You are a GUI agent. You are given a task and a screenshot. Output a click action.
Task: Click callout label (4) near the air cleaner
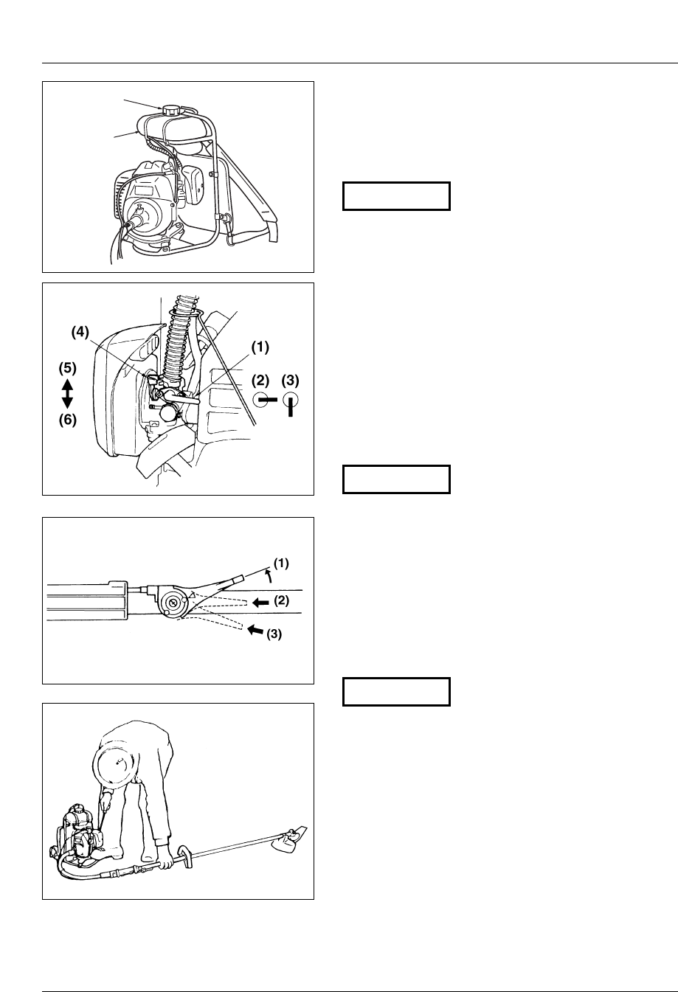coord(83,333)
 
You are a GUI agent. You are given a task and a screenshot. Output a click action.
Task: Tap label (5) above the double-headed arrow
coord(67,367)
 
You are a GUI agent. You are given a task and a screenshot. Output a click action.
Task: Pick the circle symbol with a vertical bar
coord(291,404)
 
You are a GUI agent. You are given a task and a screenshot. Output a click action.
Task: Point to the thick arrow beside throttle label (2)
coord(259,601)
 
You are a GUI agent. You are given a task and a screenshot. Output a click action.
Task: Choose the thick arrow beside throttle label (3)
coord(254,630)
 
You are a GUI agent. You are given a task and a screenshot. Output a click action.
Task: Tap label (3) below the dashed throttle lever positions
coord(274,634)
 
